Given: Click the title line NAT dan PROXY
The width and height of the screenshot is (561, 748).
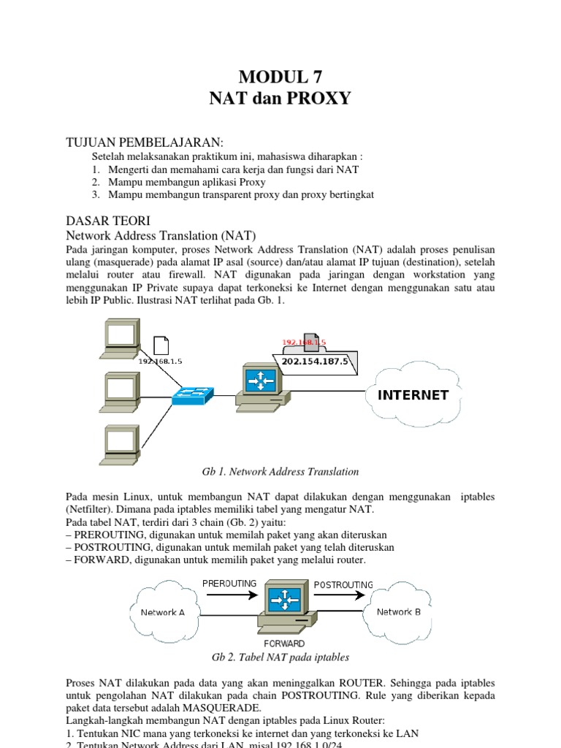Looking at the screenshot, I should (x=280, y=97).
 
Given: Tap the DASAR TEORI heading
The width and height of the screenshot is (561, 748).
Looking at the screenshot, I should (x=108, y=221).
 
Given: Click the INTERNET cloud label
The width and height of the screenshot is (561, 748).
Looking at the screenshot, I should (x=413, y=395).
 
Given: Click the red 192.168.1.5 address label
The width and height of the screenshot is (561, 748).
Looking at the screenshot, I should (x=304, y=342).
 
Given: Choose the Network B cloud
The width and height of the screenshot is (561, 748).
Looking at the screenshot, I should (x=398, y=611).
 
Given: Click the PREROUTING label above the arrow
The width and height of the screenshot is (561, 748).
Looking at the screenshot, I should (x=229, y=584).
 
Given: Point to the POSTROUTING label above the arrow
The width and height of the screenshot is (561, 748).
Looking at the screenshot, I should (x=343, y=584).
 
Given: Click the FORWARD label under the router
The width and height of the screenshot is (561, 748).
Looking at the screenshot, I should (x=285, y=644).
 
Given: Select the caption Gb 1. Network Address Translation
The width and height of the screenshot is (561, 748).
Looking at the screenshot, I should (x=280, y=472).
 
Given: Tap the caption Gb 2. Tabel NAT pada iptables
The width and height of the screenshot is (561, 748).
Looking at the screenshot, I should (x=280, y=657).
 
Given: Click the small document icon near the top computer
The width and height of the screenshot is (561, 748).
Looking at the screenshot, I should (x=160, y=344).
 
